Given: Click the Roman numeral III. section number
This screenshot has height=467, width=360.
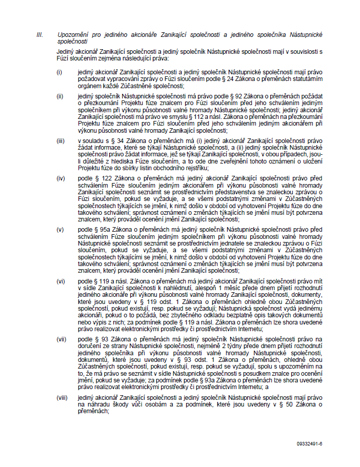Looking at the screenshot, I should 39,34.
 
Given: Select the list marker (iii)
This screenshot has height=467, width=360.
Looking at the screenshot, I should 61,140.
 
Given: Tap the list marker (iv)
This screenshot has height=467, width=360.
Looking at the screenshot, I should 61,178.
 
